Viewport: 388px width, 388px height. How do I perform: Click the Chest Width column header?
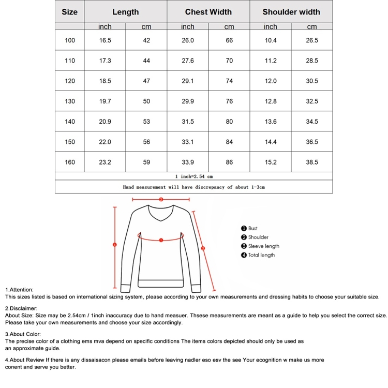coord(208,12)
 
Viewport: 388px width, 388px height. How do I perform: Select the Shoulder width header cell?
coord(291,12)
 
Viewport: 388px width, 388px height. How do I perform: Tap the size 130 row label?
coord(70,101)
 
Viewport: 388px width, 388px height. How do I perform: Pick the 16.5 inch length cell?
coord(105,40)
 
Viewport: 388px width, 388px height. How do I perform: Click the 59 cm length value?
coord(146,162)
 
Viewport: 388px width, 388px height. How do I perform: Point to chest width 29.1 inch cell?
coord(188,81)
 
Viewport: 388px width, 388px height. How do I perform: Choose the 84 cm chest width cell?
coord(229,142)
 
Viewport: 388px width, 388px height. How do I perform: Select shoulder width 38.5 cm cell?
coord(312,162)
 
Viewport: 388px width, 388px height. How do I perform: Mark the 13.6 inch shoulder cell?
coord(271,122)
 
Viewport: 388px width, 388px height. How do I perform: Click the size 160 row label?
coord(70,162)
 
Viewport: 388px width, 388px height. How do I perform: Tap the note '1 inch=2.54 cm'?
coord(194,176)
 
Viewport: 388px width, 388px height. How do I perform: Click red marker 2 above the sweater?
coord(161,199)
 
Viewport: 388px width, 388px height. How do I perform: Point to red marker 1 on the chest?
coord(161,240)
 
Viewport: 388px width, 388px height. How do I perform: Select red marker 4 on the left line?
coord(115,245)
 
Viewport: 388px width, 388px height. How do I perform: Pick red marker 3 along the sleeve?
coord(203,248)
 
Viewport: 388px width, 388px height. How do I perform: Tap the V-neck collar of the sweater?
coord(161,217)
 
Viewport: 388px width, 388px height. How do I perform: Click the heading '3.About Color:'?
coord(23,334)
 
